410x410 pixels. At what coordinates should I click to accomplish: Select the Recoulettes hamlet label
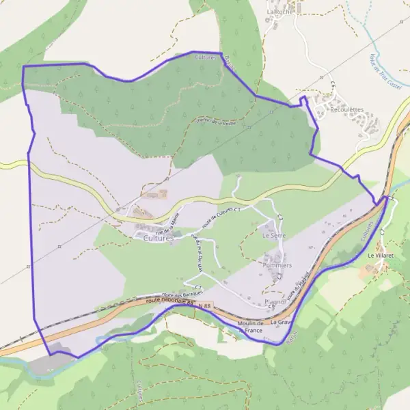[x=346, y=109]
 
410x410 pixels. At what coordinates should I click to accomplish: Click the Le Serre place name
[x=273, y=235]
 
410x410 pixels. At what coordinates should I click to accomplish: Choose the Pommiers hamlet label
[x=277, y=264]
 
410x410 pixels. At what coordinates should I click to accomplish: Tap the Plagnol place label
[x=275, y=301]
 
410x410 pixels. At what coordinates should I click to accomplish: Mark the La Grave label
[x=282, y=321]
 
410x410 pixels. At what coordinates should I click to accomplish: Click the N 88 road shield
[x=205, y=306]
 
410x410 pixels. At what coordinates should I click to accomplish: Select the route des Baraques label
[x=184, y=290]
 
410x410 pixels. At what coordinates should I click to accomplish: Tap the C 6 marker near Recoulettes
[x=333, y=85]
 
